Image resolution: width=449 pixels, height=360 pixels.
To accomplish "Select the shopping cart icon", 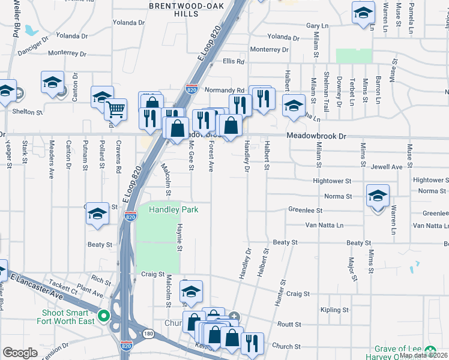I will (115, 109).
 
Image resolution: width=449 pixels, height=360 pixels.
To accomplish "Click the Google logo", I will (20, 353).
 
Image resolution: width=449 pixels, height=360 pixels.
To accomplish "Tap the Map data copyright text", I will (424, 355).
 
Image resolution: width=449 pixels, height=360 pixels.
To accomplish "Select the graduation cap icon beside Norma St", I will (378, 196).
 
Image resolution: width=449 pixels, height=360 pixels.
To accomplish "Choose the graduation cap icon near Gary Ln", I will (363, 13).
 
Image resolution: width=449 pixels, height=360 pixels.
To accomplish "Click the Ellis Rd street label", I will (234, 61).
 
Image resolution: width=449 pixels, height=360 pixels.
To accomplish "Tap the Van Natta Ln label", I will (324, 226).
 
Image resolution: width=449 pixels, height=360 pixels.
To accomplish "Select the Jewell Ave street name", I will (386, 167).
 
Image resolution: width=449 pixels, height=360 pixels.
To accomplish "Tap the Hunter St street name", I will (280, 293).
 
